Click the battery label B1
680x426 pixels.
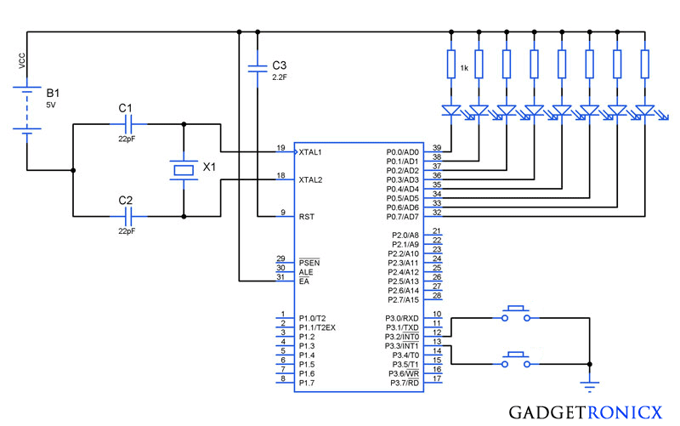[53, 93]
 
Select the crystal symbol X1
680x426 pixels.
[184, 169]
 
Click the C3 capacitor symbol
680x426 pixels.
[258, 68]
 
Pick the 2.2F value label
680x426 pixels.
[280, 77]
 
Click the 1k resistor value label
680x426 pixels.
[464, 68]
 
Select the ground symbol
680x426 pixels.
[589, 384]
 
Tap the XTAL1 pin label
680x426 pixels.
[310, 152]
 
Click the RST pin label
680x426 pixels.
[307, 217]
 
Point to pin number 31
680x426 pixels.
[280, 276]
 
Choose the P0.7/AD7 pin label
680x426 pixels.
[402, 217]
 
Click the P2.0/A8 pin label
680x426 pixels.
[405, 236]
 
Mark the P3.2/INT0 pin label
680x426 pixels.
[402, 337]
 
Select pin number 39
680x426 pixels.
[437, 148]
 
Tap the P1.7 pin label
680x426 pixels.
[307, 383]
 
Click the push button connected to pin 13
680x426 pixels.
[516, 360]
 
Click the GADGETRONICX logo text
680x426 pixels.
[586, 412]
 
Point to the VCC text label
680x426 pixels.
[22, 60]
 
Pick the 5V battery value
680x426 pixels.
[51, 105]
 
